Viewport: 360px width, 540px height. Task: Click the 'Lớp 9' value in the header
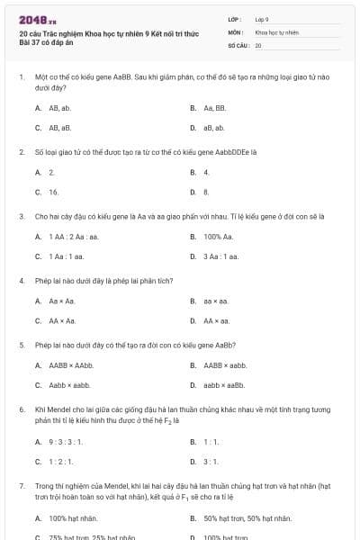tap(262, 19)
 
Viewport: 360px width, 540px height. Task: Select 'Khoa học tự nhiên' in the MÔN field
tap(276, 31)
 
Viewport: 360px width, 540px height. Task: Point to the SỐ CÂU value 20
tap(258, 44)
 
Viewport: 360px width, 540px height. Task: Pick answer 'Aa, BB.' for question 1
tap(213, 108)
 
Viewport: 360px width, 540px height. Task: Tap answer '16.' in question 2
tap(53, 192)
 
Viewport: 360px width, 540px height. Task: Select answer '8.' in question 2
tap(206, 192)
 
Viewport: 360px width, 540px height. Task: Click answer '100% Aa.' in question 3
tap(218, 237)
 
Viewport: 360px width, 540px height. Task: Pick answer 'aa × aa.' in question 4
tap(216, 301)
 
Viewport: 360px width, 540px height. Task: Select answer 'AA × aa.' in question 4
tap(217, 320)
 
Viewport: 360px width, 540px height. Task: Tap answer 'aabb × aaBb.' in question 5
tap(223, 385)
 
